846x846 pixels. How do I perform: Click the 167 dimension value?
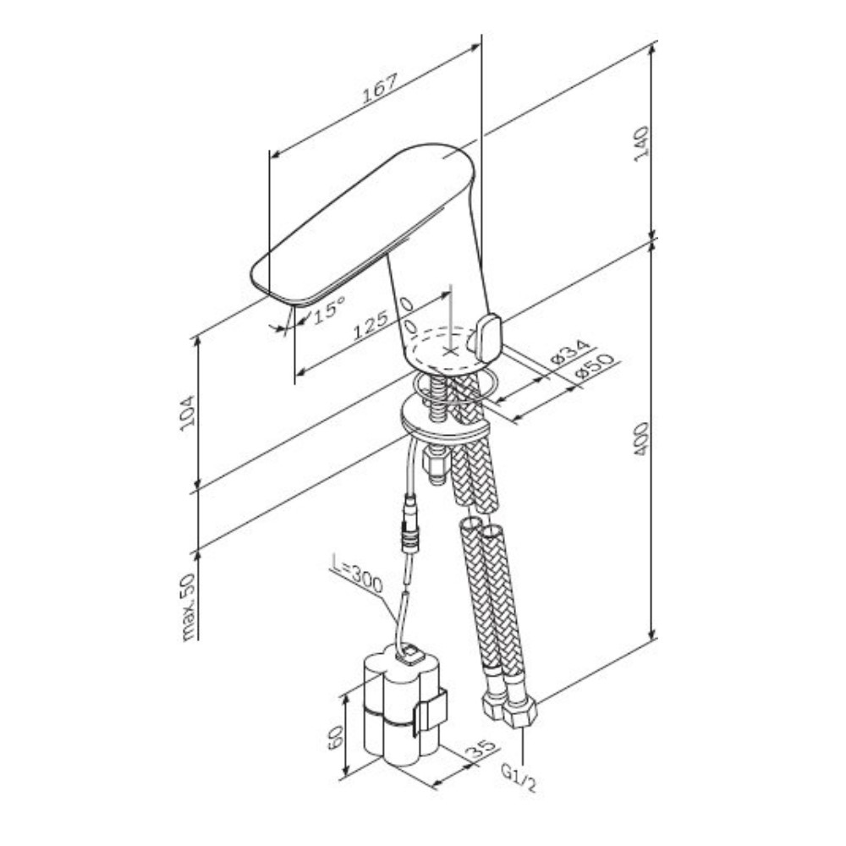379,87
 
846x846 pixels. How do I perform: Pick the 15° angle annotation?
328,309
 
